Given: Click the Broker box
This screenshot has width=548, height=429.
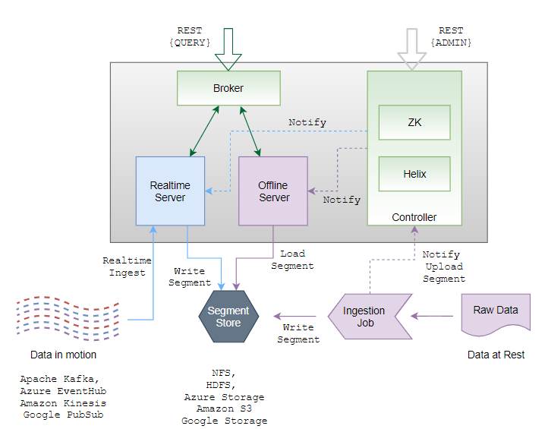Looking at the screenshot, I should (x=228, y=88).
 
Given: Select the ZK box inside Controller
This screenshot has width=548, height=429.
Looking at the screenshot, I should (x=414, y=122).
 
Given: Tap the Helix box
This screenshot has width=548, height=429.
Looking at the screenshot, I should (x=414, y=174).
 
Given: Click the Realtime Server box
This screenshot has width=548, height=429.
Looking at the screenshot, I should (x=170, y=191).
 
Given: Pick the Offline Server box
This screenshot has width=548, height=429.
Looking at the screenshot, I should (x=273, y=191).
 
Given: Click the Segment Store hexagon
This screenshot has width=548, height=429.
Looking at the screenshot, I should (x=228, y=317).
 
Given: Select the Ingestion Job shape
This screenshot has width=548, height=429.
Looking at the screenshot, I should (x=365, y=317).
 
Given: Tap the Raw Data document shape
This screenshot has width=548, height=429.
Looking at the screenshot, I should (x=496, y=312).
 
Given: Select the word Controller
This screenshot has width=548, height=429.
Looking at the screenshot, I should (x=414, y=217).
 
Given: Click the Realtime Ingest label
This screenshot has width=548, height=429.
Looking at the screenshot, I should (x=124, y=267).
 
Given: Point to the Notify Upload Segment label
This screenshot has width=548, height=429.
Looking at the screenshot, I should (x=444, y=267).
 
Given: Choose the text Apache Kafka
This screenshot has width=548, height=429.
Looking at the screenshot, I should (x=58, y=379).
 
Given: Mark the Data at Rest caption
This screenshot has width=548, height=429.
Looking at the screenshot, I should (x=496, y=355).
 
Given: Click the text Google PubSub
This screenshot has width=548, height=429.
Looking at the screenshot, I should (x=63, y=415).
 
